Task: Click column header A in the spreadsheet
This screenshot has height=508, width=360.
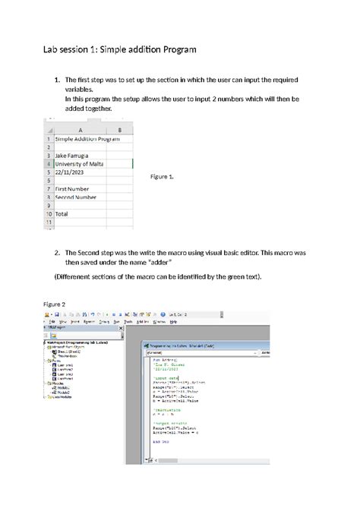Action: coord(80,130)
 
